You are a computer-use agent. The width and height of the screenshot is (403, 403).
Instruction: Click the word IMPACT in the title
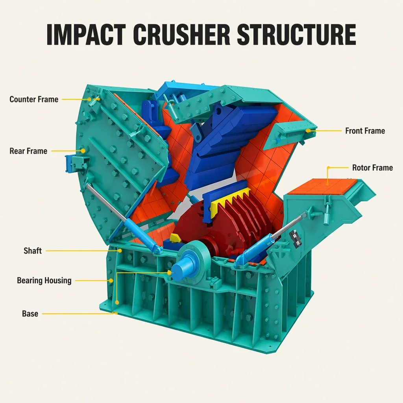[x=86, y=35]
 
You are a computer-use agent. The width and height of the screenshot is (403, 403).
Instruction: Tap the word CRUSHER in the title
[x=181, y=35]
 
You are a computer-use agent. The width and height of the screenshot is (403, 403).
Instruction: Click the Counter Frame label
[x=34, y=99]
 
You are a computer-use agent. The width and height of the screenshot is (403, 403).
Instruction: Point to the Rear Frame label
[x=28, y=151]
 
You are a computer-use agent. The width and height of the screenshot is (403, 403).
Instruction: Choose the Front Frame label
[x=365, y=131]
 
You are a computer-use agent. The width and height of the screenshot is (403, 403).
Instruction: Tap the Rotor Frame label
[x=372, y=168]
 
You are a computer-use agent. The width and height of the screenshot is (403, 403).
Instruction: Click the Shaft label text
[x=33, y=251]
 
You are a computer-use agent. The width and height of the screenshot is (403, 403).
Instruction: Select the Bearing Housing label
[x=44, y=280]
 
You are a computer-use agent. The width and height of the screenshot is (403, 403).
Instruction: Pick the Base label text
[x=30, y=314]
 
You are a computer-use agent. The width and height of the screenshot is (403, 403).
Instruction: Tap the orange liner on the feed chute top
[x=323, y=188]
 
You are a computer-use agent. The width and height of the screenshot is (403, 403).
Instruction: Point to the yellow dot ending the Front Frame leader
[x=308, y=131]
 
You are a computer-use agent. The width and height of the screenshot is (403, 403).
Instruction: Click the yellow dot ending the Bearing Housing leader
[x=111, y=281]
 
